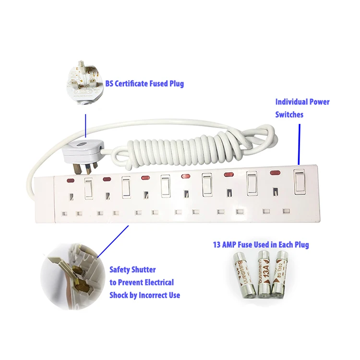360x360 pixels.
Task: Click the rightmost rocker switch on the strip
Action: coord(300,181)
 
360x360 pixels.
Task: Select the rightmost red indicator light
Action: coord(275,172)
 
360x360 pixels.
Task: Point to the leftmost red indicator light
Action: coord(71,181)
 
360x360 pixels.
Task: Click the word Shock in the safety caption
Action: coord(119,295)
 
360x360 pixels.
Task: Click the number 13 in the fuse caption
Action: coord(217,245)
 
